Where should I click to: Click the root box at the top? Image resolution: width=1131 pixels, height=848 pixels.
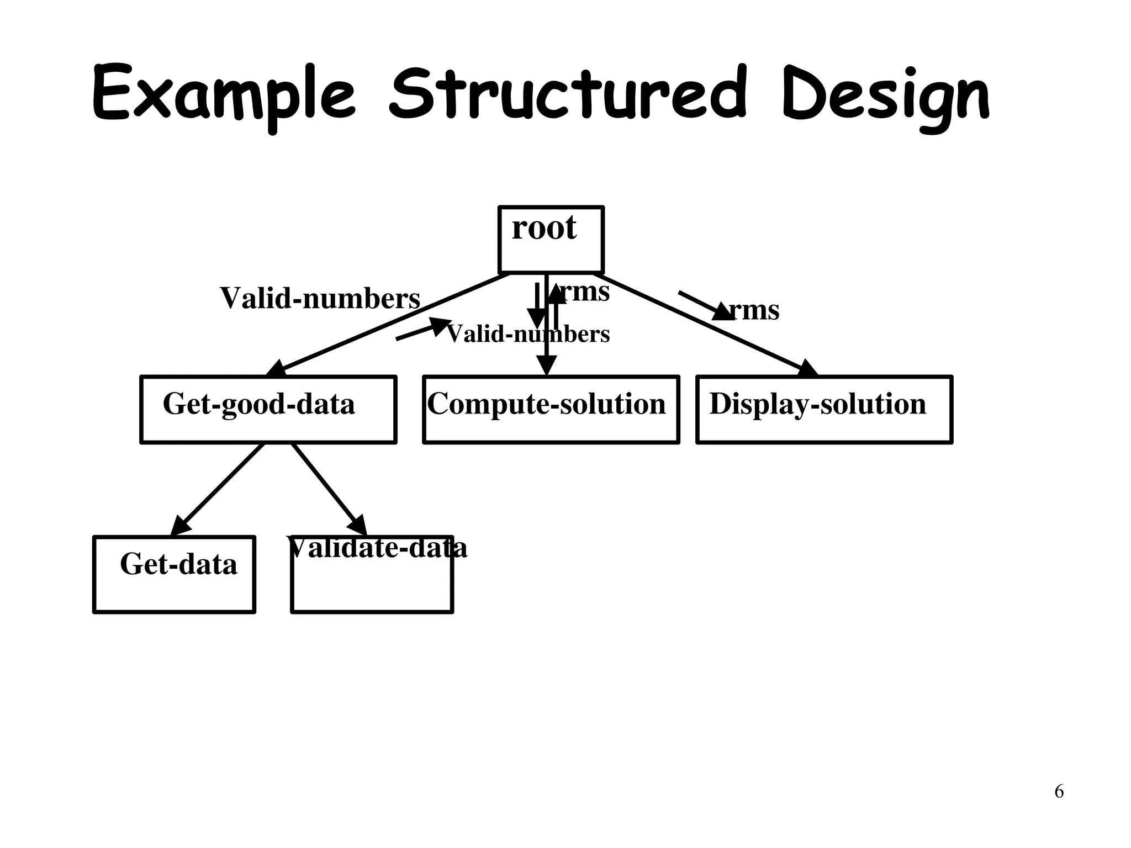[x=551, y=240]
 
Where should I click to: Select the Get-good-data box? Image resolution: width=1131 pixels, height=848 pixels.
[x=268, y=409]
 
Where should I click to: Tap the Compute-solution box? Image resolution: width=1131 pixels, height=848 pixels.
[x=551, y=409]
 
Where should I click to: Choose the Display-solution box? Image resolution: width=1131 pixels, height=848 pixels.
[x=824, y=409]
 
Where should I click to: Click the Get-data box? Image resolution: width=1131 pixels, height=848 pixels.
[x=174, y=574]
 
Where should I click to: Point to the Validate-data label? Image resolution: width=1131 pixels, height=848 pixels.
[x=377, y=548]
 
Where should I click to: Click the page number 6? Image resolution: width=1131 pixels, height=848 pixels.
[x=1059, y=792]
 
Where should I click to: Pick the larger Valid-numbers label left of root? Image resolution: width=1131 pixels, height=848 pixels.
[x=320, y=298]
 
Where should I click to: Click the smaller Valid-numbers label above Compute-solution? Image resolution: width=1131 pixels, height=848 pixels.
[x=528, y=334]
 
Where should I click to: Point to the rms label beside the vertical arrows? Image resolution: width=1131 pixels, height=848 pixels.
[x=585, y=291]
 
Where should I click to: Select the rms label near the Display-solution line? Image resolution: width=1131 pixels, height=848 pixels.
[x=754, y=310]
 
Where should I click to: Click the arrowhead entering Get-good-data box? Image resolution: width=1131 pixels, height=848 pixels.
[x=277, y=369]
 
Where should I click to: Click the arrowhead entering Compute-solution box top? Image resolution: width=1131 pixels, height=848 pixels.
[x=546, y=366]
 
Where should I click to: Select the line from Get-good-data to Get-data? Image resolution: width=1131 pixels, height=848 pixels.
[x=218, y=489]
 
